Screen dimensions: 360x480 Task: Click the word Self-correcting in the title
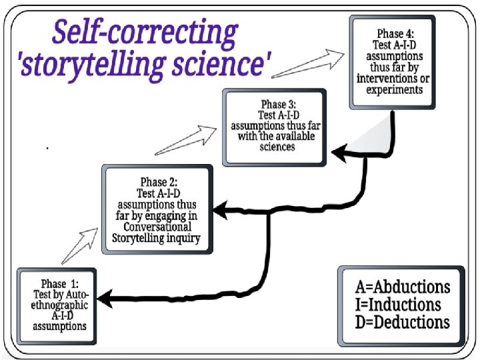tap(145, 33)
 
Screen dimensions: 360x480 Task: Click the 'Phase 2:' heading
tap(158, 181)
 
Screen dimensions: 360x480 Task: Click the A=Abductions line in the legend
tap(402, 287)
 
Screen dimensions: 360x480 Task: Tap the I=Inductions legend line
tap(398, 305)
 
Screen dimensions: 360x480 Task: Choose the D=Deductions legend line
tap(402, 322)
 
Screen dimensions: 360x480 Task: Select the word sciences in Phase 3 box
tap(277, 146)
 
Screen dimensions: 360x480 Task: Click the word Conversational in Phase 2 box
tap(158, 227)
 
